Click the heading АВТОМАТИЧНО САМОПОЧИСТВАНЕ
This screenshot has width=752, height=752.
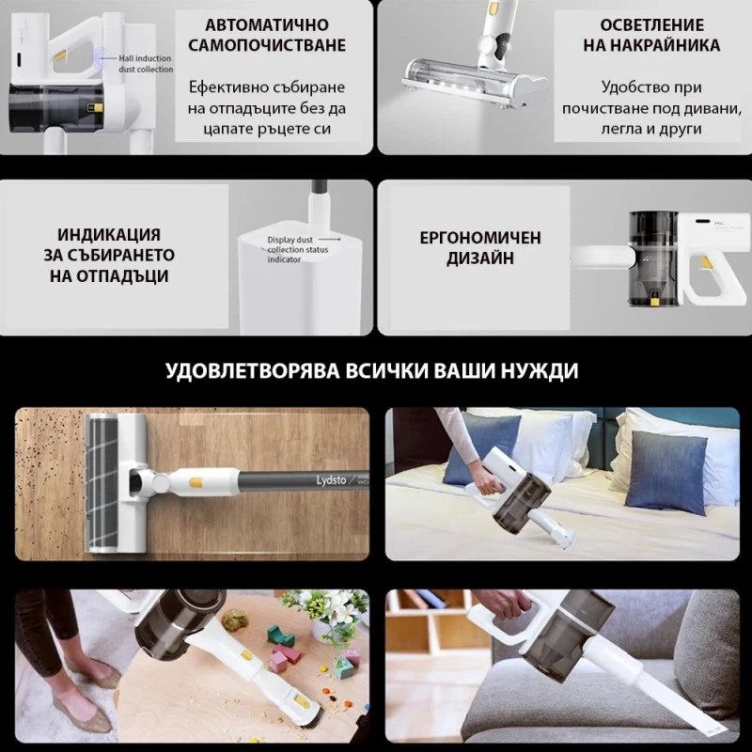point(266,35)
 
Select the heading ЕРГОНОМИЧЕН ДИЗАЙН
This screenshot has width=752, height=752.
point(479,248)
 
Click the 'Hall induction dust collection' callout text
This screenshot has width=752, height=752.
point(146,64)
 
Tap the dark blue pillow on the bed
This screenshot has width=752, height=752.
point(666,470)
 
